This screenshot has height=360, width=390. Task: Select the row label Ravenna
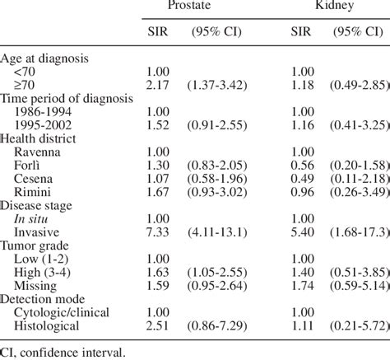(39, 152)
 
